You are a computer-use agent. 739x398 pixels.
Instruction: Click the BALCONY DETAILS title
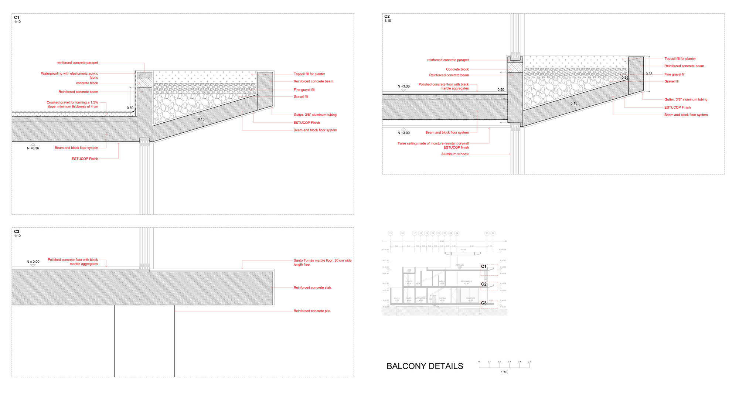click(425, 366)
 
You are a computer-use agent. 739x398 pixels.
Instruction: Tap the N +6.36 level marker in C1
click(33, 148)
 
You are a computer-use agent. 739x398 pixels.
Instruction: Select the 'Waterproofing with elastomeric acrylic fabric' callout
click(70, 75)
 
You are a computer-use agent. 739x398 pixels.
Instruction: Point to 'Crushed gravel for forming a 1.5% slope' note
click(72, 105)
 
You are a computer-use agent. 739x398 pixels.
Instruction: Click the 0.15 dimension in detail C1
click(201, 119)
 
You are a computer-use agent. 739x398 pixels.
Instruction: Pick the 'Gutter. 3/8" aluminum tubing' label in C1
click(315, 115)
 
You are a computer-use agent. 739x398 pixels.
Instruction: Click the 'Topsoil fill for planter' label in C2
click(680, 59)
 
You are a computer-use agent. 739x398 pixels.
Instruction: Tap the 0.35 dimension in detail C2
click(649, 74)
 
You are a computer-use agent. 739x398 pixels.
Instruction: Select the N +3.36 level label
click(403, 86)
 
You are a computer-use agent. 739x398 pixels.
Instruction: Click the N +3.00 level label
click(403, 133)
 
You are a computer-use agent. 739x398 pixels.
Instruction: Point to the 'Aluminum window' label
click(455, 154)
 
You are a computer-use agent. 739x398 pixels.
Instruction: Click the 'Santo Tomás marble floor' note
click(322, 262)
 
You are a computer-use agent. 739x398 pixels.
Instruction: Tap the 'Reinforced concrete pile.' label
click(312, 311)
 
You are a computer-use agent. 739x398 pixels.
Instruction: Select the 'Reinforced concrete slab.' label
click(313, 288)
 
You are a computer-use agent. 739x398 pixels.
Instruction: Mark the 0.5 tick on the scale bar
click(529, 362)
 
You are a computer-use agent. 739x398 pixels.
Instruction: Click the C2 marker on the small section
click(484, 284)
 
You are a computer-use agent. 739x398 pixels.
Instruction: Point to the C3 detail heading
click(17, 232)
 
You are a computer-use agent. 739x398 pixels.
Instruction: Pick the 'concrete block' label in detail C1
click(87, 83)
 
